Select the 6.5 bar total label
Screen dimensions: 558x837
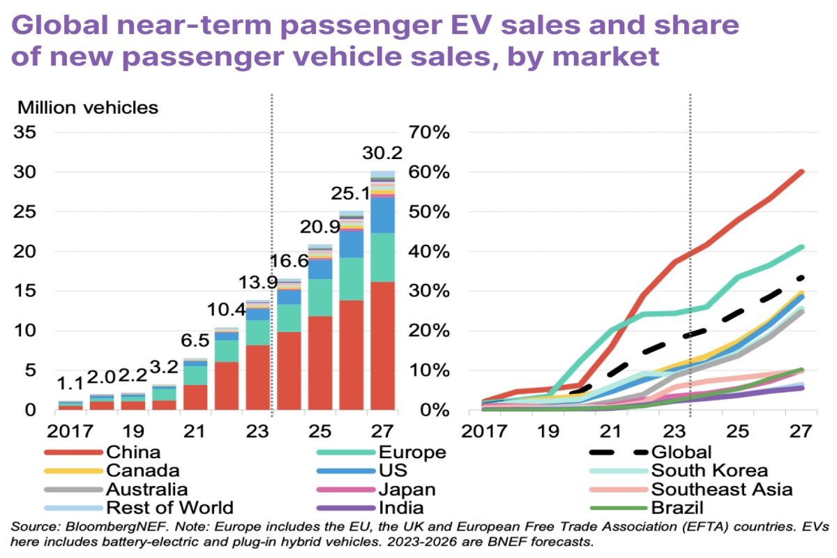[195, 343]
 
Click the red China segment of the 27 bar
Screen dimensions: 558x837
[383, 345]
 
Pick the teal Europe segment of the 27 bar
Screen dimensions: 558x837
[383, 257]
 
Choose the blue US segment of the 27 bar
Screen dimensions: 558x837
[383, 216]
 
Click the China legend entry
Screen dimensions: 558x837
[133, 453]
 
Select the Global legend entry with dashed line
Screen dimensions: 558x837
[681, 453]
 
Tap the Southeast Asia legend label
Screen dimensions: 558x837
[721, 489]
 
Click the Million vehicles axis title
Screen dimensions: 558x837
[88, 108]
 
